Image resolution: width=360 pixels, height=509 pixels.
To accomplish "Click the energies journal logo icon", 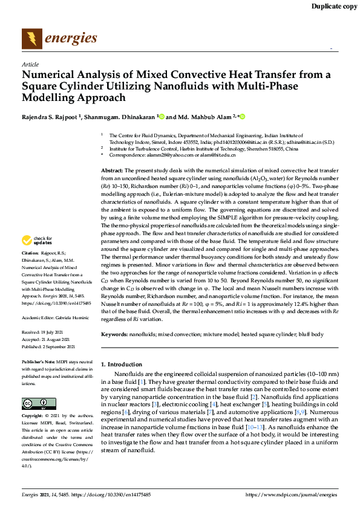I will tap(31, 39).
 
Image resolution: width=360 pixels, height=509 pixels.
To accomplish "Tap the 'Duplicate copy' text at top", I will tap(334, 7).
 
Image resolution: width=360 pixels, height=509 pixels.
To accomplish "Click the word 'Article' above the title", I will tap(30, 63).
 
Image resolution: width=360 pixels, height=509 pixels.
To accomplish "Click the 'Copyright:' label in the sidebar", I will tap(33, 417).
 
